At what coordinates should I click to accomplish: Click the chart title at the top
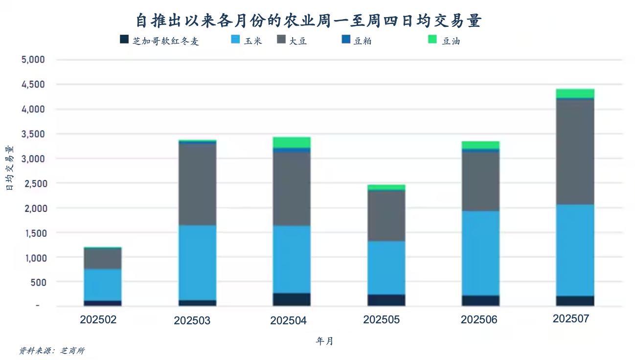click(x=309, y=21)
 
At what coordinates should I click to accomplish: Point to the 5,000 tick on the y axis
click(x=33, y=60)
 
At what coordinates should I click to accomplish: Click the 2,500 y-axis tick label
click(x=33, y=183)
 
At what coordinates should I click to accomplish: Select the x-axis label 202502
click(x=98, y=320)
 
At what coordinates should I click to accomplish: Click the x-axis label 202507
click(x=571, y=319)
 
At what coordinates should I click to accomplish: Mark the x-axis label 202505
click(x=382, y=320)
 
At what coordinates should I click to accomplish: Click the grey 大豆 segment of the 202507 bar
click(x=575, y=152)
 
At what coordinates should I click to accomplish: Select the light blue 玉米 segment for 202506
click(x=480, y=253)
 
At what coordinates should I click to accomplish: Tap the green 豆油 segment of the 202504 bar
click(x=292, y=142)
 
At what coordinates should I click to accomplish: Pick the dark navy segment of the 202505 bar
click(x=386, y=300)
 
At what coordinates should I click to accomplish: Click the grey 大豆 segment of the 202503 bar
click(x=197, y=184)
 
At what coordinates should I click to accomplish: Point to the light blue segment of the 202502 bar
click(x=102, y=284)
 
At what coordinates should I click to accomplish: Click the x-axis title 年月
click(x=324, y=341)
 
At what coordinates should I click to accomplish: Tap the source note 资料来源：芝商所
click(x=52, y=351)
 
